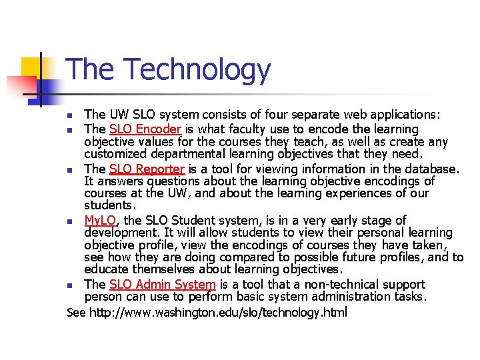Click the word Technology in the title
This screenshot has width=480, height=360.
tap(197, 70)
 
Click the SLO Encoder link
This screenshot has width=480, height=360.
tap(145, 129)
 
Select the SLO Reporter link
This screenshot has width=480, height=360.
tap(147, 169)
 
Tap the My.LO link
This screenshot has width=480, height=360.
tap(100, 220)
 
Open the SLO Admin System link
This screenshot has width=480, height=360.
tap(162, 284)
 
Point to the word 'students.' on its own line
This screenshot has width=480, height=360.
tap(109, 205)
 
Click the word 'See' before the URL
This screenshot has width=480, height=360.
tap(77, 312)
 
